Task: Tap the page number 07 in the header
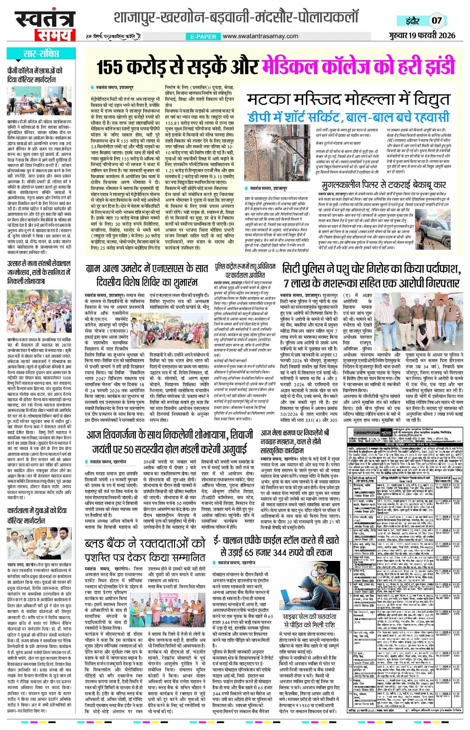pos(436,20)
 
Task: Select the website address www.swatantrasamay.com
pos(260,36)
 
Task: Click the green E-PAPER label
pos(203,36)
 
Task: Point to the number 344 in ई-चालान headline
pos(284,552)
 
